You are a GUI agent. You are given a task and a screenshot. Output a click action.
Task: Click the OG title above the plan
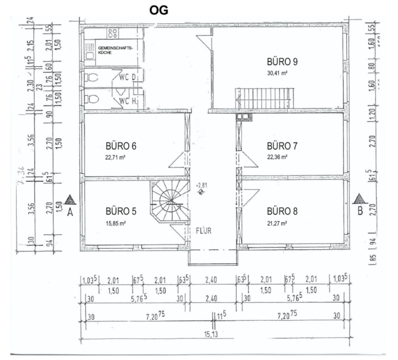159,10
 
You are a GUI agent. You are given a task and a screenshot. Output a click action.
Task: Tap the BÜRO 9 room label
282,62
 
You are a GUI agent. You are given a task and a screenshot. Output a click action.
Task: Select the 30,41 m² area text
277,73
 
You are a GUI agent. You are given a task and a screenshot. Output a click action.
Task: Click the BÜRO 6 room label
121,146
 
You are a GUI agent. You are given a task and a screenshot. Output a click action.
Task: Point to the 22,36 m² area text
277,157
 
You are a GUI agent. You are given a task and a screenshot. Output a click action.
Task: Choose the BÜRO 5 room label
121,211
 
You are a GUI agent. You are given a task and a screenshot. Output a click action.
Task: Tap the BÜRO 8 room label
282,211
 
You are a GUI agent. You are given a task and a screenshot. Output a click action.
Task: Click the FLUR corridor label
204,230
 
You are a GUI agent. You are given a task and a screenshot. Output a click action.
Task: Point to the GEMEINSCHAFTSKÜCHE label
115,50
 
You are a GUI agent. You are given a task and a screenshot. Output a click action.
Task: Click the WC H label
128,101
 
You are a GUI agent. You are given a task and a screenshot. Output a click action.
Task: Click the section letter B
360,212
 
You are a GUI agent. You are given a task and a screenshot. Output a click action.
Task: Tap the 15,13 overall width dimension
211,335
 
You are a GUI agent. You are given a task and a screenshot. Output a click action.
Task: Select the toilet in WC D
93,78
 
